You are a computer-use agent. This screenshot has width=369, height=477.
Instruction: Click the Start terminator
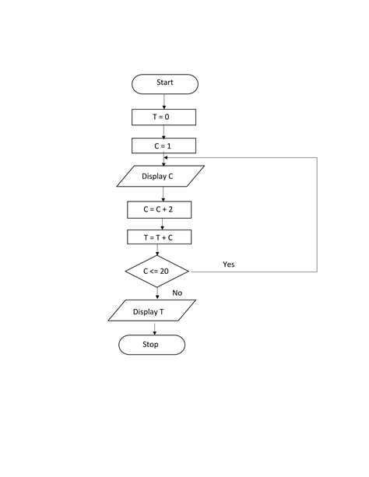coord(164,83)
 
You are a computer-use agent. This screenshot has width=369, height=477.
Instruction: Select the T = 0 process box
coord(163,117)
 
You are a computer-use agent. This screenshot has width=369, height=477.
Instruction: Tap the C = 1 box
coord(163,146)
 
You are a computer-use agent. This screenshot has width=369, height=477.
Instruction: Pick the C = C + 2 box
coord(159,209)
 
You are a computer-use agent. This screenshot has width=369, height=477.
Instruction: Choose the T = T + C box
coord(158,237)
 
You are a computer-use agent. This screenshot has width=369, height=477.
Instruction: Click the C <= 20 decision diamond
coord(156,272)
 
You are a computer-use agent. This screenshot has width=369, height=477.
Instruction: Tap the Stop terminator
coord(151,345)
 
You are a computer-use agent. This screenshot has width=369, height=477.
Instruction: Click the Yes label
coord(229,265)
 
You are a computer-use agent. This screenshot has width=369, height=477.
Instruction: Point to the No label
coord(177,293)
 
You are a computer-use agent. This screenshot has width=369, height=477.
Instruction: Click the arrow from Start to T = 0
coord(164,101)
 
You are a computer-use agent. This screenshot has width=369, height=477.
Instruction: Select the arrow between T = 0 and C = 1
coord(163,132)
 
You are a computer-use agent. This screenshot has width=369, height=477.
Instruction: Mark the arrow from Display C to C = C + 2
coord(160,195)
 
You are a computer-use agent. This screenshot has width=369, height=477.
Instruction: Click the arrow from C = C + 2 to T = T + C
coord(159,223)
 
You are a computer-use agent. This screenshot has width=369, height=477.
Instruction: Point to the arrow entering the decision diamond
coord(157,251)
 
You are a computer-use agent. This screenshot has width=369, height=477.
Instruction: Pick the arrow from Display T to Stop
coord(154,328)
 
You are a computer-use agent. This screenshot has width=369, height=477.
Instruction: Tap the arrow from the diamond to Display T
coord(156,294)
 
